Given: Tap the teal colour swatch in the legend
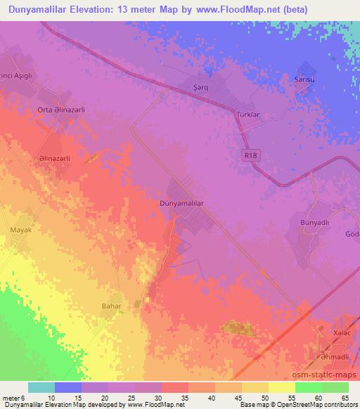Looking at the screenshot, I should click(x=41, y=387).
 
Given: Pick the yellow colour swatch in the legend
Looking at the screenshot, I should click(x=282, y=387).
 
